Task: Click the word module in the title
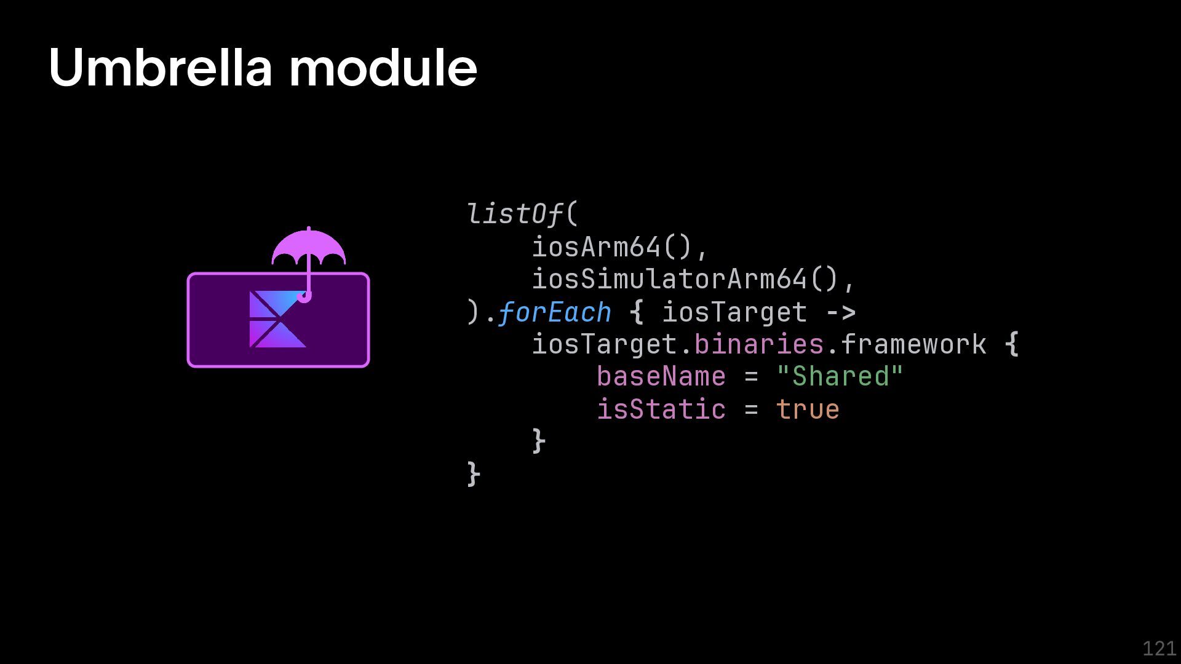383,68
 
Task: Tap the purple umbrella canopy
309,247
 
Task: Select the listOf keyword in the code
514,214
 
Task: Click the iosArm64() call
620,247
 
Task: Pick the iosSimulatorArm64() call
693,280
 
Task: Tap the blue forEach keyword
554,313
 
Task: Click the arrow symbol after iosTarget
840,313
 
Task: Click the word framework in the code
913,345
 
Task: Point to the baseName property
661,377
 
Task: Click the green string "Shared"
840,377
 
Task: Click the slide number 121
1159,648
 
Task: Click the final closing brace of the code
474,475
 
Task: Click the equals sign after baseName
751,377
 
